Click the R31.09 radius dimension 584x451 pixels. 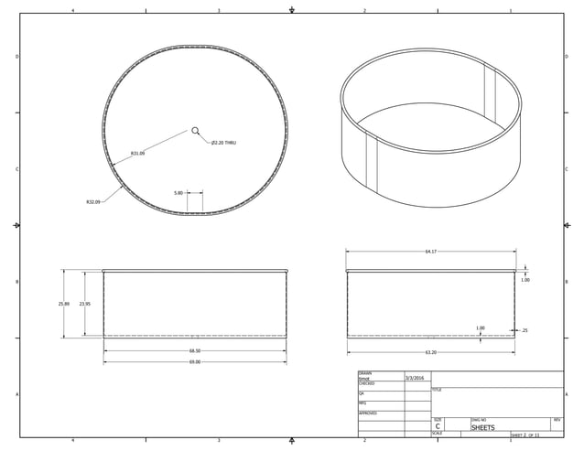point(137,154)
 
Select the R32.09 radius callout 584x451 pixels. point(93,201)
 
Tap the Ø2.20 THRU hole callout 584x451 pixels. point(223,143)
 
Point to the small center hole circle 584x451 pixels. point(195,131)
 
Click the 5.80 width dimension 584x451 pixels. point(178,193)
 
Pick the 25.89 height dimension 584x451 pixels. point(63,304)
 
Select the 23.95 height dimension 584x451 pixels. point(84,304)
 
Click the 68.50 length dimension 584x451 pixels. point(195,350)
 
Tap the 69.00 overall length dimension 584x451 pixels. point(195,361)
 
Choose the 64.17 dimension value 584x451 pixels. point(430,252)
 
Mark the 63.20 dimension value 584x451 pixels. point(430,352)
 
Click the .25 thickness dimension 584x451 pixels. point(524,330)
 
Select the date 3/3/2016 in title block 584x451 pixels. point(415,378)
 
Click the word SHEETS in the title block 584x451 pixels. point(482,428)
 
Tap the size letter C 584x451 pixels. point(438,427)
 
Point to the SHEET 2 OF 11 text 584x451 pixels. point(525,435)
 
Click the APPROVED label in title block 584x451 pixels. point(367,413)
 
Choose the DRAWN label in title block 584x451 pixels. point(365,373)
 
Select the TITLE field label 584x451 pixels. point(437,391)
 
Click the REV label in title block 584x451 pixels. point(557,420)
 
